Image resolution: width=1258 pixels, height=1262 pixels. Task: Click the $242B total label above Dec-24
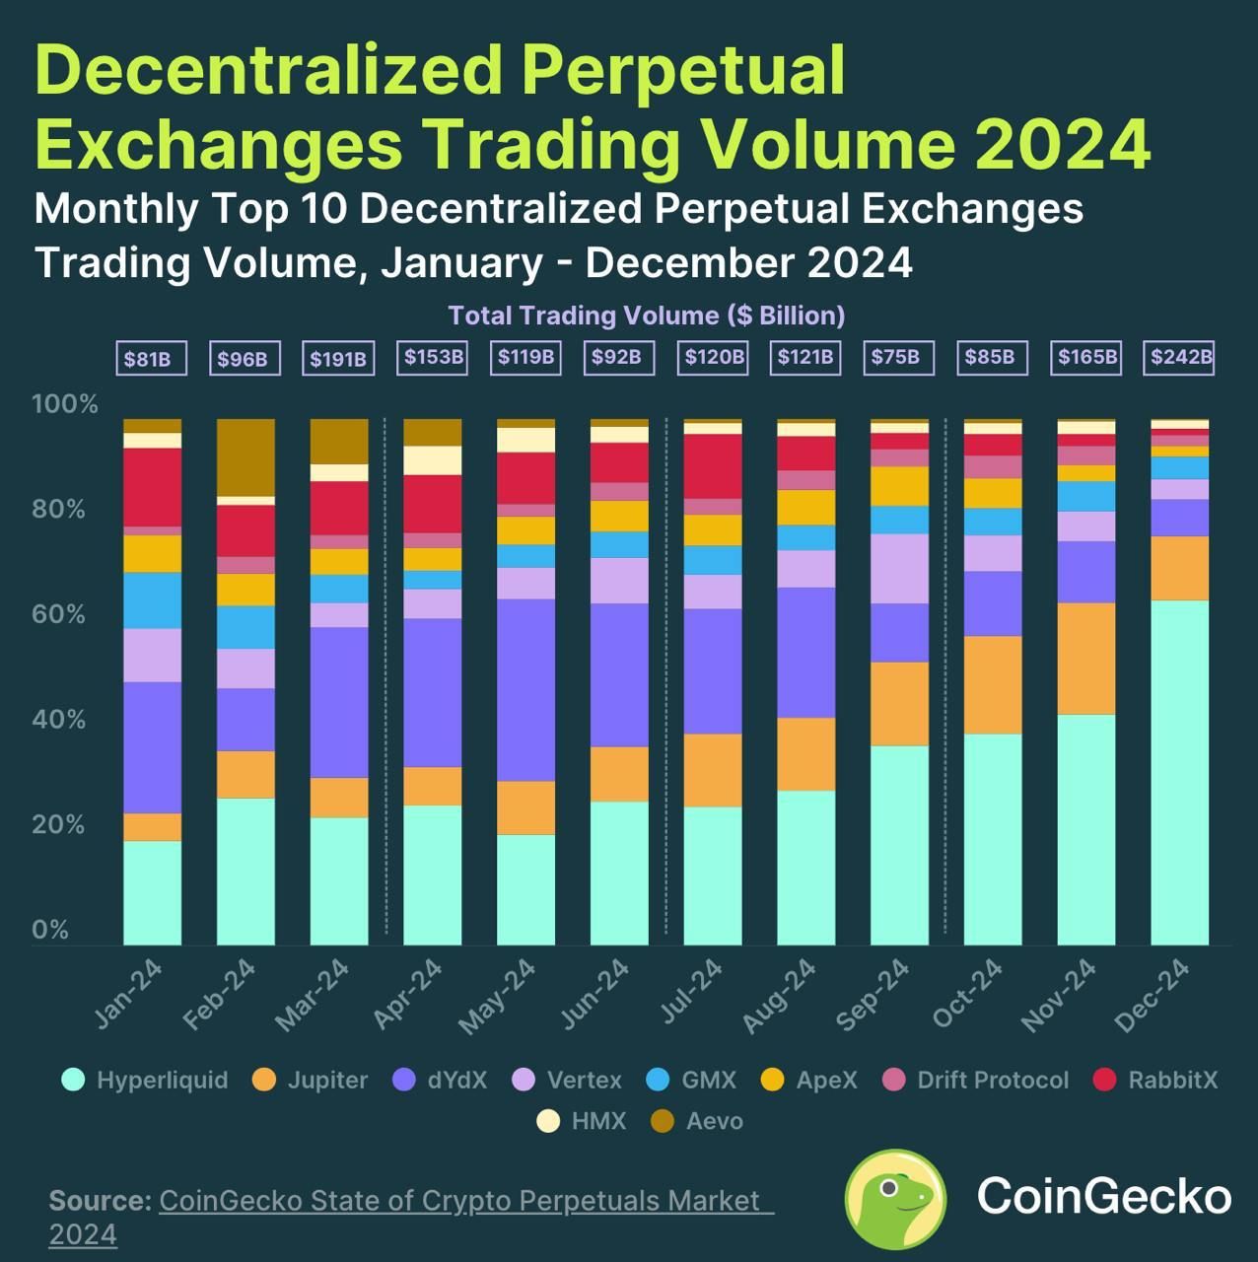click(1181, 357)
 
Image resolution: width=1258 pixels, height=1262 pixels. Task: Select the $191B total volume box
click(338, 359)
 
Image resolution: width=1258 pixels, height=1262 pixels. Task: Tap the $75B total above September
click(895, 357)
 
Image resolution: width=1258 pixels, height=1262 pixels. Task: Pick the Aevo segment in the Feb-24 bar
click(245, 457)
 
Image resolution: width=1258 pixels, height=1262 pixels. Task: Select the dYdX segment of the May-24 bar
click(525, 690)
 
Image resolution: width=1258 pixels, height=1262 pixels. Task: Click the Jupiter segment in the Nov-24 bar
click(1085, 659)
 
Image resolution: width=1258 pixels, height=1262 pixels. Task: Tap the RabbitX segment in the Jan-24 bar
click(152, 487)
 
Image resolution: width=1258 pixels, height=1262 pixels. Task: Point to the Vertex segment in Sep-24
click(899, 568)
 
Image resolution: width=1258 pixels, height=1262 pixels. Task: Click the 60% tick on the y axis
click(58, 614)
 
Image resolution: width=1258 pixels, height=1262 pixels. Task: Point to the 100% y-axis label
click(65, 404)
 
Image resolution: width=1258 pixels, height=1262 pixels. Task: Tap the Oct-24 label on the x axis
click(967, 994)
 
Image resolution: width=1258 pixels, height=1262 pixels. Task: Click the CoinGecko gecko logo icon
click(895, 1198)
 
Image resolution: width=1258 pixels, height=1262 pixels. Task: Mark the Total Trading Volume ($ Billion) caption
click(647, 315)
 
